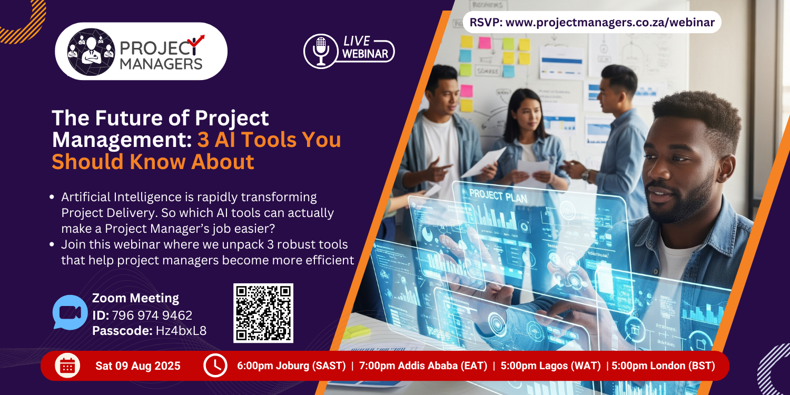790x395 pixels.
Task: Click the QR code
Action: point(263,313)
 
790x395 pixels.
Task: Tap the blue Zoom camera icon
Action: point(70,312)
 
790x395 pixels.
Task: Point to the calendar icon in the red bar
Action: point(67,366)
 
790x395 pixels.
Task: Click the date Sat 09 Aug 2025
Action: point(138,366)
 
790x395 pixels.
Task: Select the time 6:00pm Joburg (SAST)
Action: point(291,366)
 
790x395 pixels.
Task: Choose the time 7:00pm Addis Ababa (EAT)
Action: point(423,366)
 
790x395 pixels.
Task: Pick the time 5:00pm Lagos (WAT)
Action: point(550,366)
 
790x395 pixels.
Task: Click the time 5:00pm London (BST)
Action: point(663,366)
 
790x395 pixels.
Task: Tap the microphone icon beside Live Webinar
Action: point(321,50)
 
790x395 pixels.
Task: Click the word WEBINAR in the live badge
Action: point(365,54)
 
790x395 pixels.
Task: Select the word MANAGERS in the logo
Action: point(161,64)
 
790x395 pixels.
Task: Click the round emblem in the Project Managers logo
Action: point(91,51)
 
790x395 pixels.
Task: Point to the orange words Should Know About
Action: point(153,162)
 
